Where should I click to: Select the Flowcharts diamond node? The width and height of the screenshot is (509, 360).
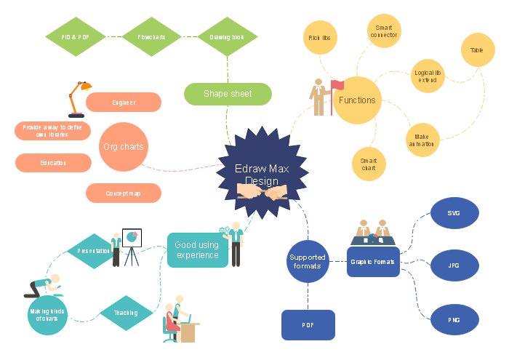(x=151, y=36)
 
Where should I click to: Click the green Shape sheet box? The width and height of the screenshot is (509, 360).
(x=228, y=94)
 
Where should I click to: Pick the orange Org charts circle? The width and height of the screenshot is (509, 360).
(x=123, y=147)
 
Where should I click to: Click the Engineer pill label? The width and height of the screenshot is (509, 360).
(x=124, y=103)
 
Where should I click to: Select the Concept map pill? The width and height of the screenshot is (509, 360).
(x=124, y=193)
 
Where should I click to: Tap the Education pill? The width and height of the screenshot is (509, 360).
(x=53, y=163)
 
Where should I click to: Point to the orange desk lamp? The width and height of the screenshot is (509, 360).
(x=76, y=97)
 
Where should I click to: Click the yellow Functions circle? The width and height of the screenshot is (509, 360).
(x=357, y=100)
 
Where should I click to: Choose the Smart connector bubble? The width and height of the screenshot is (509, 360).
(x=385, y=32)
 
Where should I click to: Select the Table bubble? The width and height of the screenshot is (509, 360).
(x=477, y=50)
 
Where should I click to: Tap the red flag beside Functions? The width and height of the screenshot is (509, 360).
(x=337, y=85)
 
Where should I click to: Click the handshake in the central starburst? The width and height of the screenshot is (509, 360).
(x=262, y=193)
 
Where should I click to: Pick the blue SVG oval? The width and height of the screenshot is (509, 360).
(x=454, y=213)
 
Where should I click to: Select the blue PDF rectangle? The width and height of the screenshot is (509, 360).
(x=308, y=325)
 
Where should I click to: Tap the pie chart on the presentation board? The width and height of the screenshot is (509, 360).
(x=132, y=236)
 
